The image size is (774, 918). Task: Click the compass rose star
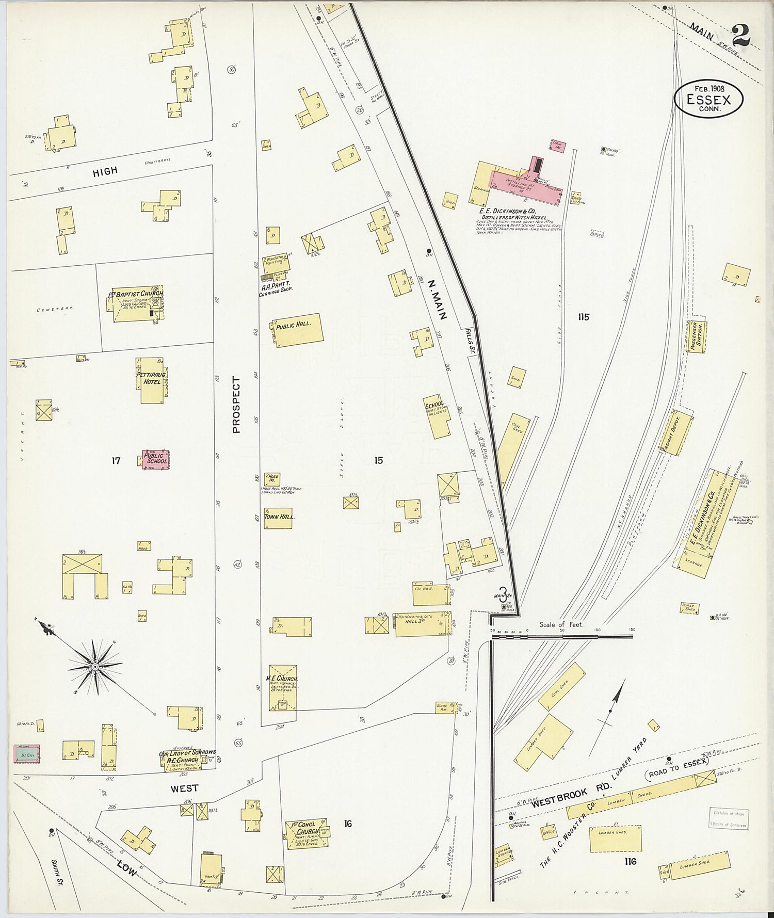(x=95, y=667)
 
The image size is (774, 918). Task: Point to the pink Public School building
(x=156, y=459)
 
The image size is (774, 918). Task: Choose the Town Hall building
(x=279, y=517)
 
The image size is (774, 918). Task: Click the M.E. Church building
(x=282, y=687)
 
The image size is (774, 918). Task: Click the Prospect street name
(x=236, y=404)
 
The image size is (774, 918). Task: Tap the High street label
(x=105, y=172)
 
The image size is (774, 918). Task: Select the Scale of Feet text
(x=561, y=624)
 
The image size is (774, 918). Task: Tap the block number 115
(x=583, y=317)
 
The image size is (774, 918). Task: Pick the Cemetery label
(x=55, y=309)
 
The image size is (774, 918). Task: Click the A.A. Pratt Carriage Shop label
(x=275, y=286)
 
